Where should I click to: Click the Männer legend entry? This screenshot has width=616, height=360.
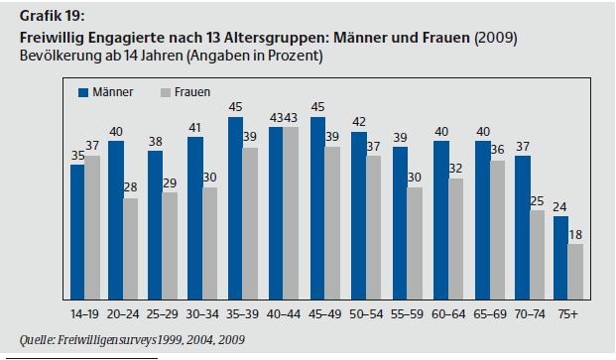coord(104,92)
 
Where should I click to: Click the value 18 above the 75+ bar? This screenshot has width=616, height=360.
coord(574,235)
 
